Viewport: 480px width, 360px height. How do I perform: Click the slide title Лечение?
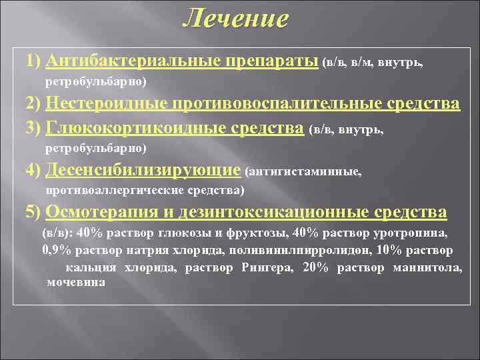[236, 18]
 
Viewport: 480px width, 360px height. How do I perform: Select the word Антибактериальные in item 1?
[134, 61]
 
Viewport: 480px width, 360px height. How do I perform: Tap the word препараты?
[273, 61]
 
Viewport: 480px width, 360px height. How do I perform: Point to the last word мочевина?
[77, 282]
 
